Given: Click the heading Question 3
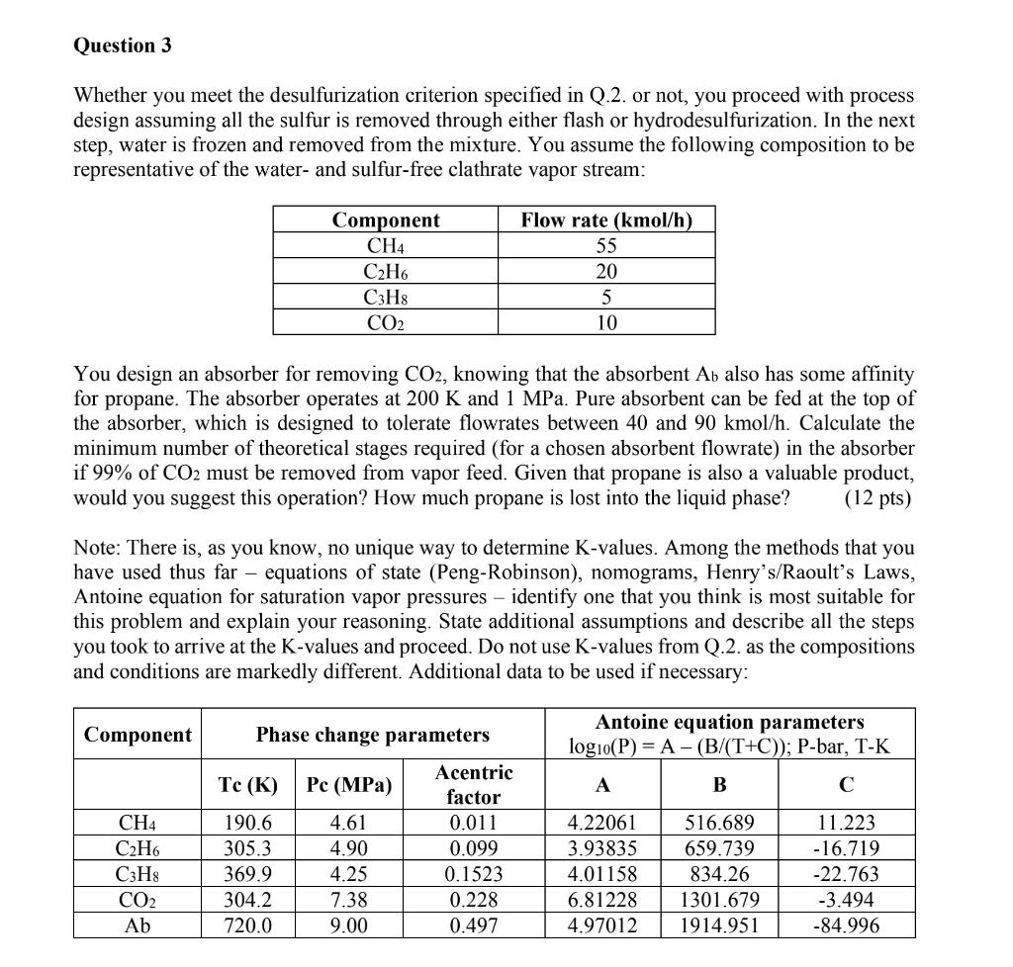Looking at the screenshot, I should point(115,45).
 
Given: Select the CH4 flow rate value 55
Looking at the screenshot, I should point(606,246).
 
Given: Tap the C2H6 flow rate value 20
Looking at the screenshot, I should point(606,272).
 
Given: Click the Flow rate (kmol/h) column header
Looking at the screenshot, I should point(606,220).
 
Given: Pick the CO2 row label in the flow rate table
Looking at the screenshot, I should point(385,322).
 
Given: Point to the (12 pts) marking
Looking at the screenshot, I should point(877,497).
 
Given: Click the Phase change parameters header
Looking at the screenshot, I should point(372,735).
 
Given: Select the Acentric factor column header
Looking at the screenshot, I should point(473,784).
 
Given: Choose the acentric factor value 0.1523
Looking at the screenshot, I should point(473,874).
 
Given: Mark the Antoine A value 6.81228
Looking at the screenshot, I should point(602,900).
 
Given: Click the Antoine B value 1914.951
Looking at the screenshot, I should point(719,925).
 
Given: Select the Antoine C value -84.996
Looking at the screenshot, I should point(846,925).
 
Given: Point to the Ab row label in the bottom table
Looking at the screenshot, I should point(138,925).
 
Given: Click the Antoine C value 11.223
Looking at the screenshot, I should point(846,823).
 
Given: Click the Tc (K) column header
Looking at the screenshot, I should point(246,785).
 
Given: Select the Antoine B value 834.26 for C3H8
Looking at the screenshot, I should point(719,874).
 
